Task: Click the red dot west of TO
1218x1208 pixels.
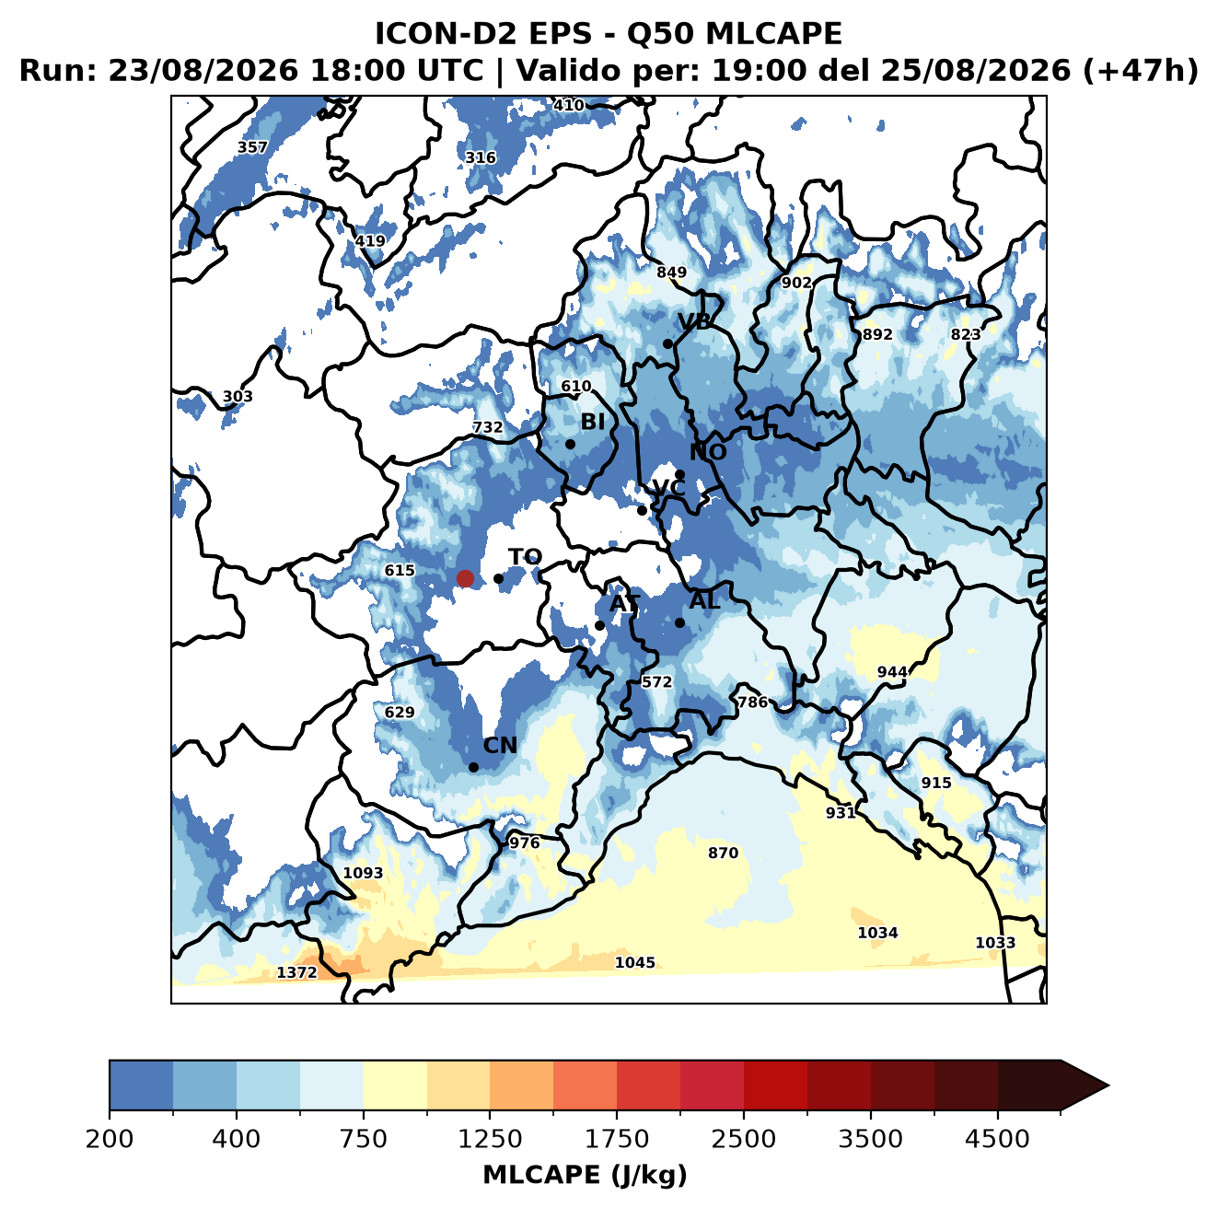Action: tap(465, 578)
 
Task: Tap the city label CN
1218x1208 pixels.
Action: tap(499, 745)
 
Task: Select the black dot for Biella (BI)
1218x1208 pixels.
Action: tap(570, 444)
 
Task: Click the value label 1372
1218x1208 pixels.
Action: tap(296, 972)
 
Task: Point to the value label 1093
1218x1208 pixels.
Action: tap(363, 873)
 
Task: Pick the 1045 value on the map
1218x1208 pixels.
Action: tap(634, 962)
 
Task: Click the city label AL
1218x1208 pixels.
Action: tap(704, 600)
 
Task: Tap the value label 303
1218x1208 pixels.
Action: tap(238, 396)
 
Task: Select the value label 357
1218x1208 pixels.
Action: tap(252, 147)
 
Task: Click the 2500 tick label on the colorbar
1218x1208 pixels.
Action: tap(743, 1138)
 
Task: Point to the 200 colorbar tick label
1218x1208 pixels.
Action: tap(110, 1138)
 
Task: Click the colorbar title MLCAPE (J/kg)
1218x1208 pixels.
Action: tap(585, 1175)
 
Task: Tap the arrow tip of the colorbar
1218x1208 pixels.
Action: tap(1108, 1086)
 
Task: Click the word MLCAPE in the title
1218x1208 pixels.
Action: tap(773, 33)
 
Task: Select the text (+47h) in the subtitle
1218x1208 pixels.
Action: tap(1140, 71)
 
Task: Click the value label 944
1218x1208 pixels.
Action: tap(892, 672)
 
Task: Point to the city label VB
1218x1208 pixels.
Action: tap(695, 321)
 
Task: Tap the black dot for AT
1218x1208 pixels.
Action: tap(599, 625)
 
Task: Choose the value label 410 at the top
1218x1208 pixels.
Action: tap(568, 105)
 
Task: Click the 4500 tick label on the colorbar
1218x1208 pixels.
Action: tap(997, 1138)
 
